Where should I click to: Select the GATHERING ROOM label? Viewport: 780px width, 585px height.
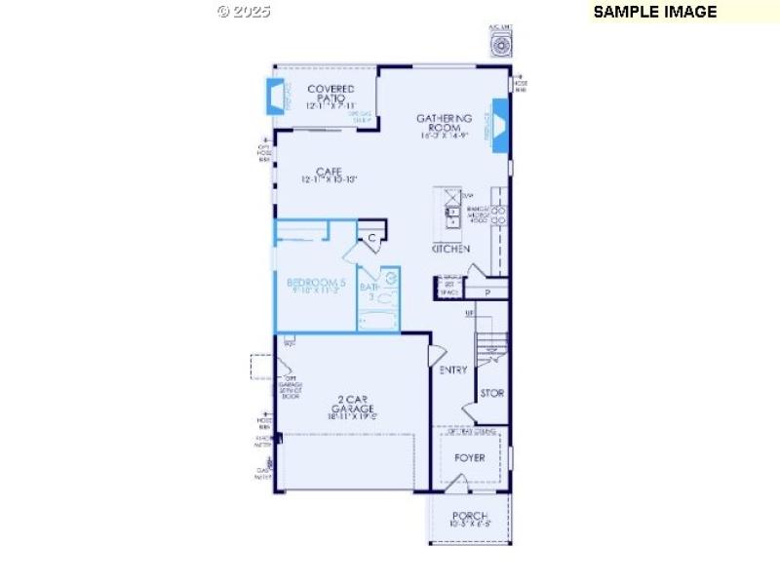click(x=445, y=124)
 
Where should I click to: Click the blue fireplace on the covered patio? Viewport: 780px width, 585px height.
click(x=277, y=97)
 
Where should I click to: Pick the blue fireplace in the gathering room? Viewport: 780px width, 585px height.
click(x=499, y=124)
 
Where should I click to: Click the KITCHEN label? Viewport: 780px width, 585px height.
click(x=450, y=250)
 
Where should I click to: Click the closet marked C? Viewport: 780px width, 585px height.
click(x=371, y=236)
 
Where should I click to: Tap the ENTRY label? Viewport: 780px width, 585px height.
click(x=454, y=370)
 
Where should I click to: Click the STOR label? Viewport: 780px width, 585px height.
click(x=491, y=394)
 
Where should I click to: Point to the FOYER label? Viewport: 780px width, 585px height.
click(x=469, y=457)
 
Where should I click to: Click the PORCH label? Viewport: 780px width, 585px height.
click(x=469, y=517)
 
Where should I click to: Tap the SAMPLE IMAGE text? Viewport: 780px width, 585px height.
click(x=655, y=12)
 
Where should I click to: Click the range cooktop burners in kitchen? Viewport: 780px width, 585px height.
click(x=498, y=215)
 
